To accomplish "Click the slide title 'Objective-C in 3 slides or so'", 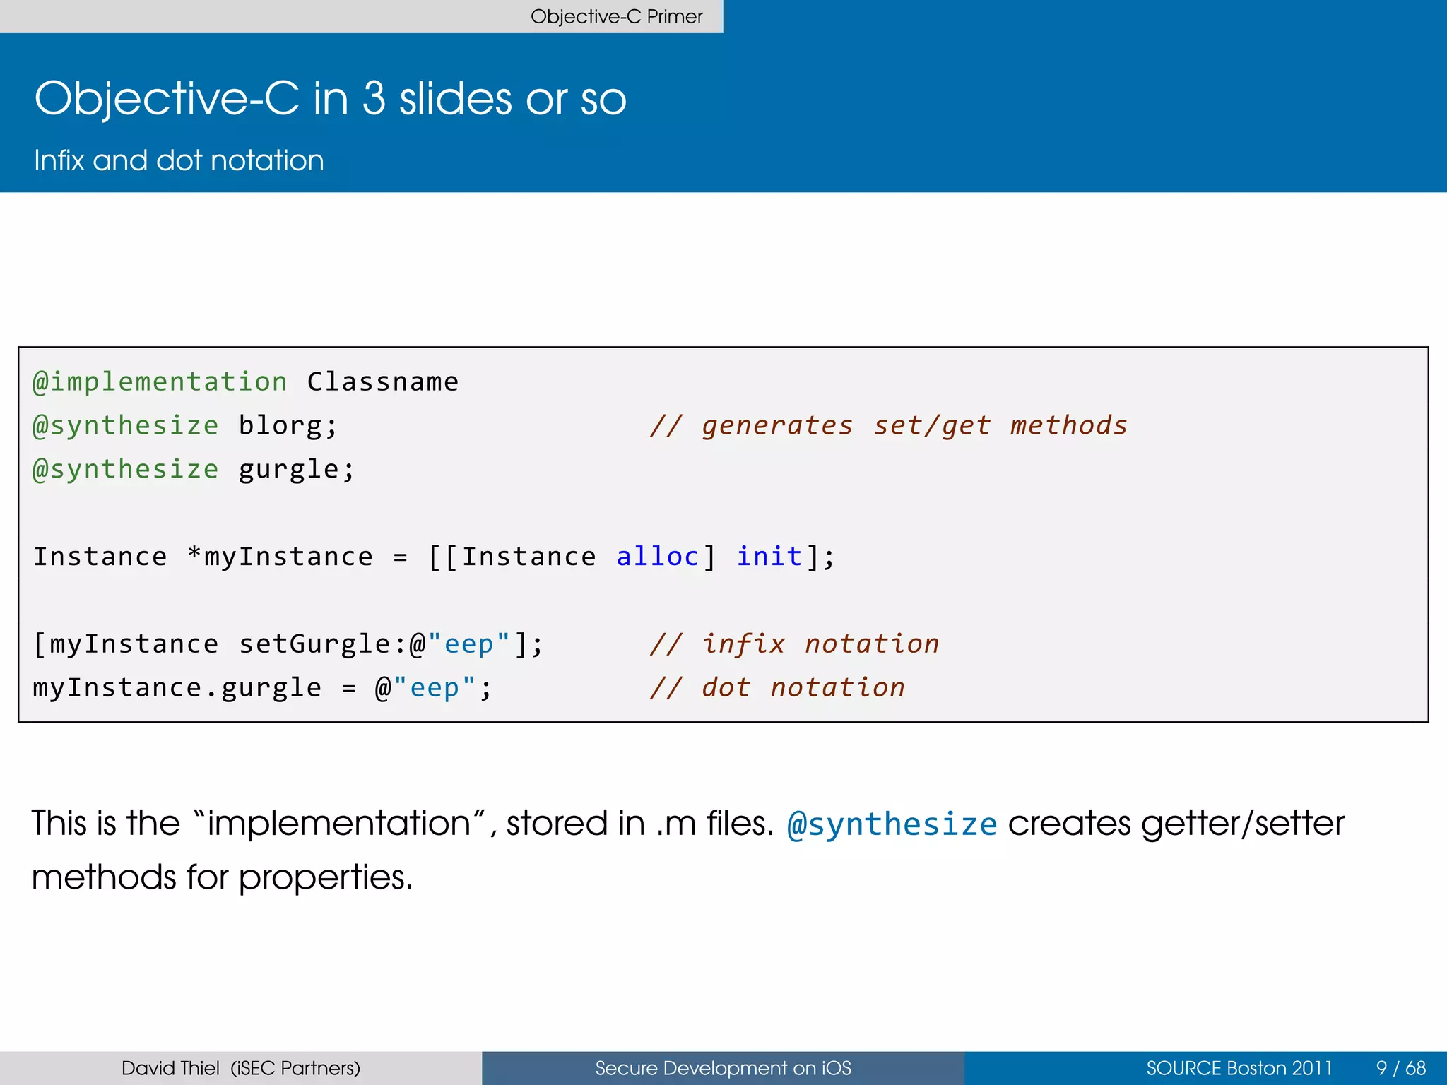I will [330, 98].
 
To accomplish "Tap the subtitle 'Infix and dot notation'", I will [179, 160].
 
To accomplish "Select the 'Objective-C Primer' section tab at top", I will [616, 16].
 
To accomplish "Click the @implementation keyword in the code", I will [160, 382].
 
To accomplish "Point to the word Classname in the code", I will [382, 382].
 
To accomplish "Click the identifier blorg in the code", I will [280, 426].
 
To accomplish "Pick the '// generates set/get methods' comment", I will [889, 426].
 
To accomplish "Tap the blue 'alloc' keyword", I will [657, 557].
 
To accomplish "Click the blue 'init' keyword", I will [769, 557].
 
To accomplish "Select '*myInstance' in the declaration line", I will [280, 557].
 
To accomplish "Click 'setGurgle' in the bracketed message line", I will [314, 644].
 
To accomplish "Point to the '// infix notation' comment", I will [795, 644].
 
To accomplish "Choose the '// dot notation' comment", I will [777, 688].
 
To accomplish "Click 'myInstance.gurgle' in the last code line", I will [177, 688].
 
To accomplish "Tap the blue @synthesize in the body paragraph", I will [892, 824].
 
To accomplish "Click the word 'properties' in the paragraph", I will [324, 878].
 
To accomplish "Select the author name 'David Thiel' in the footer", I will [170, 1068].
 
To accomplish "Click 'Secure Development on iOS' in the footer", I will [723, 1068].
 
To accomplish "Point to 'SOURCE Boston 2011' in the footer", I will [1239, 1068].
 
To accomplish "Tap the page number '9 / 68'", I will [1400, 1068].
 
